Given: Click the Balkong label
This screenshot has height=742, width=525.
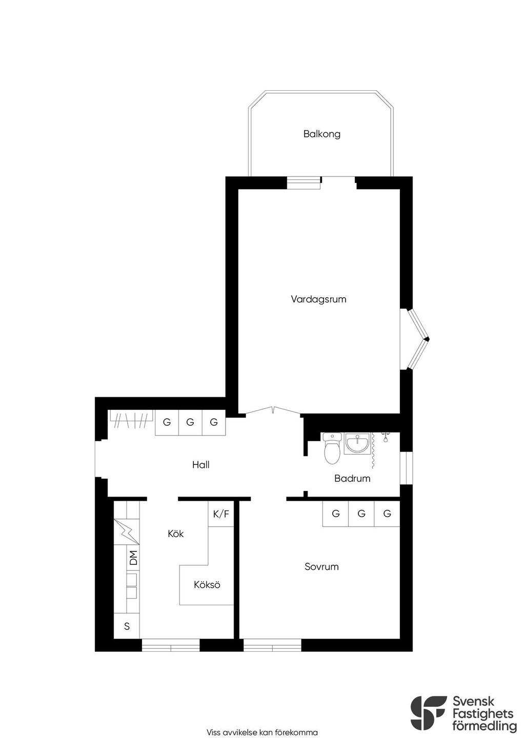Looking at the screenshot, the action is [x=321, y=134].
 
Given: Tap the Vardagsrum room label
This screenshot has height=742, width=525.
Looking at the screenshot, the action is [x=318, y=299].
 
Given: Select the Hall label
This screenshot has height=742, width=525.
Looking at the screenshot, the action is [x=200, y=465].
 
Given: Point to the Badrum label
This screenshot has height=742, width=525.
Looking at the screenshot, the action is [x=352, y=478].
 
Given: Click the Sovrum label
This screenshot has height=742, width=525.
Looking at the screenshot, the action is [x=321, y=567].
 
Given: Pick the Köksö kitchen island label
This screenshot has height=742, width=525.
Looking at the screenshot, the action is [x=207, y=585].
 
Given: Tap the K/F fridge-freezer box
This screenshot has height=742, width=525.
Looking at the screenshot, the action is [x=221, y=514].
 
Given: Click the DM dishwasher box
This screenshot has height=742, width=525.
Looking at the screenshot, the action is [x=133, y=558].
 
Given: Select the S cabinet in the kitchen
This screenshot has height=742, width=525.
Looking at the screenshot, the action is [x=127, y=626].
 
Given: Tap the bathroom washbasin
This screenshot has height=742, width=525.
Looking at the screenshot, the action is [x=357, y=443].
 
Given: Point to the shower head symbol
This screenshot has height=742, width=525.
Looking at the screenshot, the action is [x=385, y=437].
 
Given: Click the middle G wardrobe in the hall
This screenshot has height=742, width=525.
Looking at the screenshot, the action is [x=190, y=422].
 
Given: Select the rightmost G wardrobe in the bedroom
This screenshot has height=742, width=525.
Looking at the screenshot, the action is [x=387, y=514].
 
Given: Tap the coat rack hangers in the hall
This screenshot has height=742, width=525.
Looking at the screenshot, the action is [x=131, y=420].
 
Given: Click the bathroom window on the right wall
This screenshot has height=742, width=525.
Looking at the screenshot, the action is [x=407, y=468].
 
